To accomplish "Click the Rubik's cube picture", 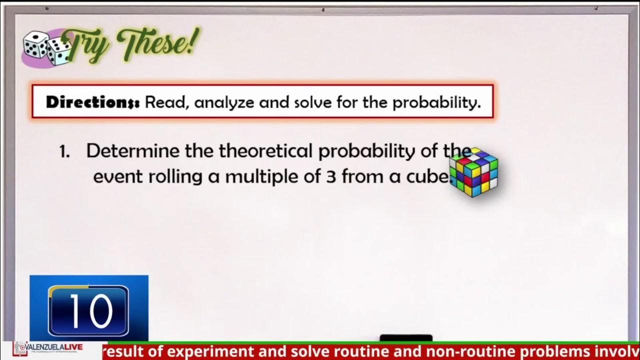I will coord(473,171).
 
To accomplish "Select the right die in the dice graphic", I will coord(58,51).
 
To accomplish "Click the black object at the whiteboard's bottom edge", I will coord(406,338).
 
